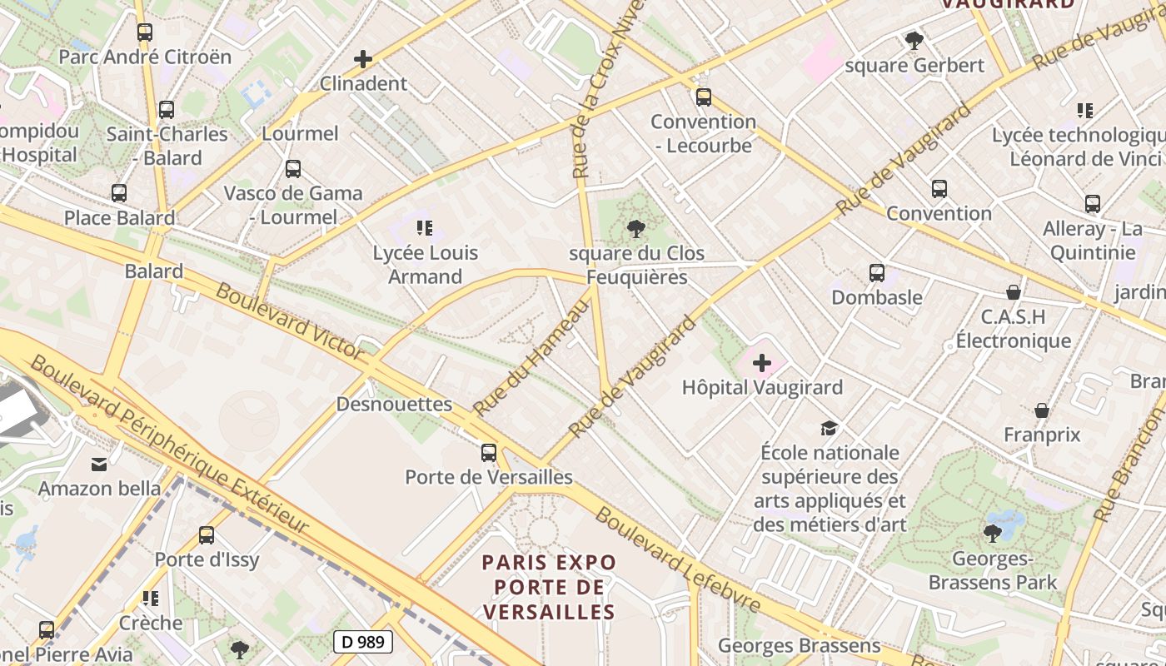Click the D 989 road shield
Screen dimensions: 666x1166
362,641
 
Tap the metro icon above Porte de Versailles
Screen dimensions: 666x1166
489,453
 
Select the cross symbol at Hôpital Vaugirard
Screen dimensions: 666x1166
762,363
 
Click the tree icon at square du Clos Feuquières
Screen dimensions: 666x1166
636,228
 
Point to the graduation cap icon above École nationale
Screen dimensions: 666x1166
829,429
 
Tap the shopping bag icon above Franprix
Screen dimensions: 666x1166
1041,410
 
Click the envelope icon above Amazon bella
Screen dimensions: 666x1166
99,464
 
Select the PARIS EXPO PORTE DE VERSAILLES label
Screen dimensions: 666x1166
550,587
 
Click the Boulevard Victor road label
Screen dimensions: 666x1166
290,321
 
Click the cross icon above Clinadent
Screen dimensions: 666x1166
363,59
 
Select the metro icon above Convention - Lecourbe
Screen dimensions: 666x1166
704,97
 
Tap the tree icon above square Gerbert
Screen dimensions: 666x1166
914,40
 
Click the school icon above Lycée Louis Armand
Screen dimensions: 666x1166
425,228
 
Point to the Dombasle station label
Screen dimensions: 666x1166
876,297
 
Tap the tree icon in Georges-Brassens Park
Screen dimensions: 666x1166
992,533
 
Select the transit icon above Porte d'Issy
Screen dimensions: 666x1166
207,535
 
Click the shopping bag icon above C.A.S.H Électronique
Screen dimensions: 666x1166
1014,292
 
